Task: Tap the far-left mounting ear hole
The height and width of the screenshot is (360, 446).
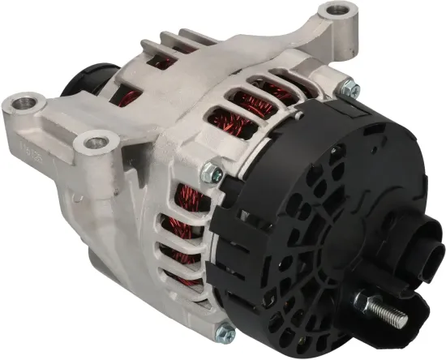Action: pos(25,103)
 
